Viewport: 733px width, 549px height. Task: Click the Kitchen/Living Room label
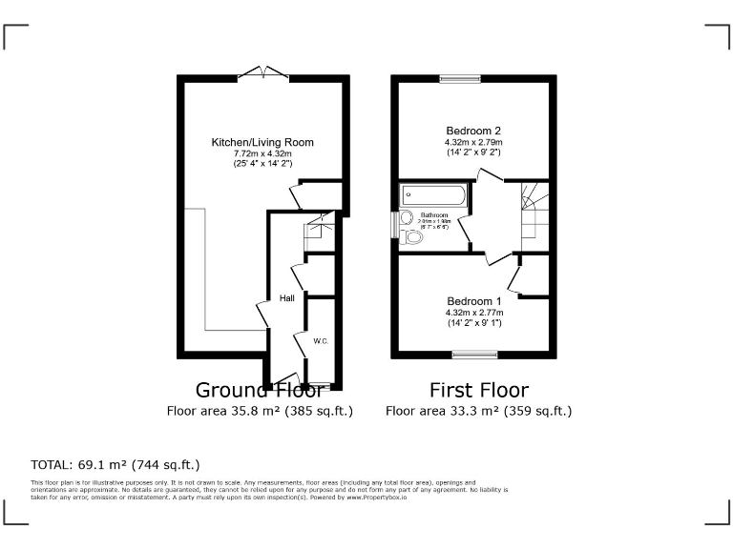tap(262, 143)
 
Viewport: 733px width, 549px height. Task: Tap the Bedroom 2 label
tap(473, 131)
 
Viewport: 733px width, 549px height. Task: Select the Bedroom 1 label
tap(473, 301)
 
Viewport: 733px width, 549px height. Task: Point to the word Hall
tap(286, 298)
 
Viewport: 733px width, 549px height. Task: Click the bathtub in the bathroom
tap(434, 196)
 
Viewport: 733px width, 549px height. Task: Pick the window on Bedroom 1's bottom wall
tap(473, 355)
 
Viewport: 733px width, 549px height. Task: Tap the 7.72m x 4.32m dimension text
tap(262, 153)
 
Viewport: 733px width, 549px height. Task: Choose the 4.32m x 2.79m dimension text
tap(473, 141)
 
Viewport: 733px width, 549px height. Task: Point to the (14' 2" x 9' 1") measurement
tap(473, 322)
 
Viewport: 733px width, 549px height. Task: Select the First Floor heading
tap(478, 390)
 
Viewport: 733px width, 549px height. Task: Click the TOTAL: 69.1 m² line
tap(115, 465)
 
